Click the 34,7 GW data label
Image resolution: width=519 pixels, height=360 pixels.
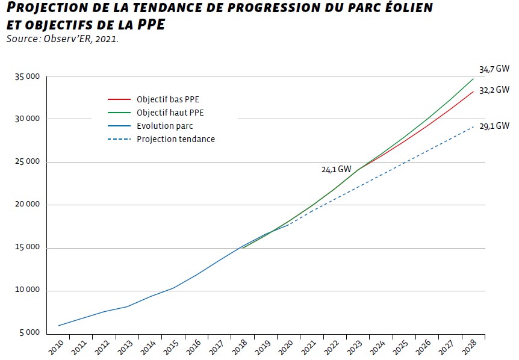[494, 69]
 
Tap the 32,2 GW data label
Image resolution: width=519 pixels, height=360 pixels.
[494, 90]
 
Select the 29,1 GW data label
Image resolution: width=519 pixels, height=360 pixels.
[494, 126]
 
